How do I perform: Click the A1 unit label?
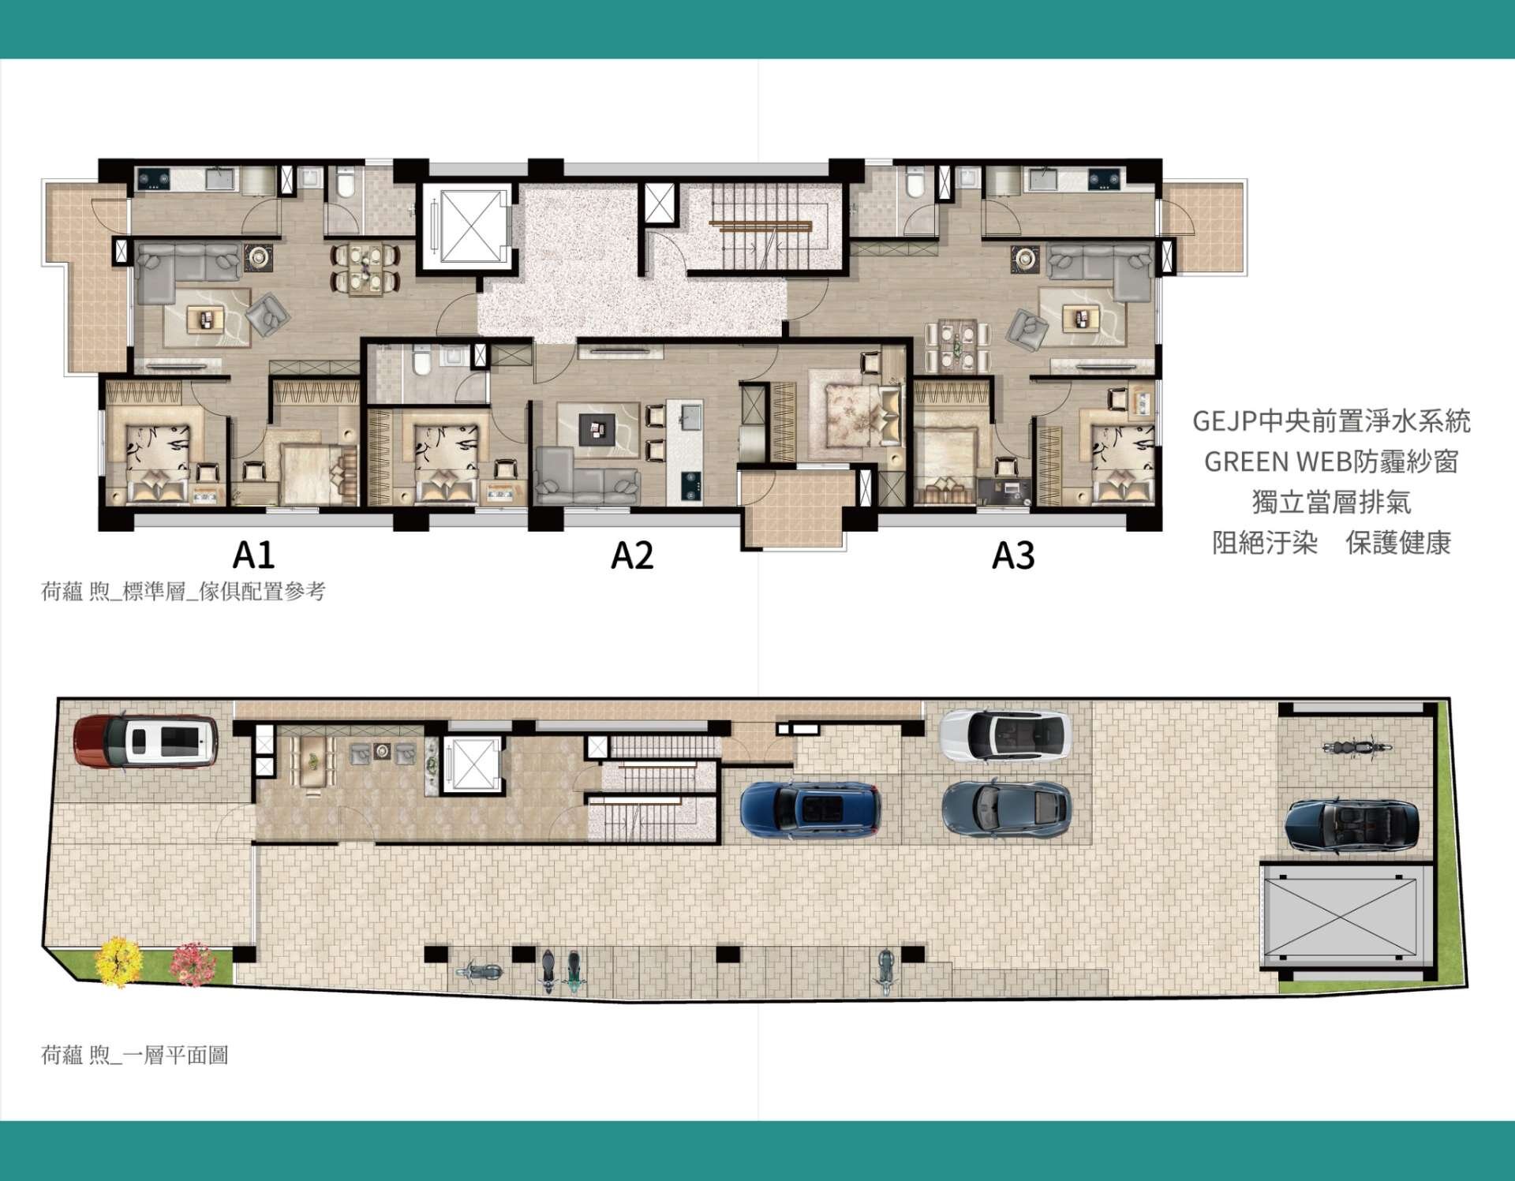pyautogui.click(x=253, y=555)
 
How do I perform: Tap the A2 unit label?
pyautogui.click(x=632, y=555)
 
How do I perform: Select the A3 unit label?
pyautogui.click(x=1013, y=555)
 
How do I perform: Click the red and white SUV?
pyautogui.click(x=146, y=741)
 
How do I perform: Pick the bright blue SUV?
pyautogui.click(x=810, y=809)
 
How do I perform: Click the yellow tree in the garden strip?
pyautogui.click(x=118, y=961)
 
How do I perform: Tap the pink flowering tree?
pyautogui.click(x=193, y=962)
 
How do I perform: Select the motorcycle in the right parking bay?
pyautogui.click(x=1356, y=747)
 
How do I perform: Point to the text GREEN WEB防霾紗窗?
pyautogui.click(x=1331, y=462)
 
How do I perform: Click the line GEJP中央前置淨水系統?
pyautogui.click(x=1331, y=421)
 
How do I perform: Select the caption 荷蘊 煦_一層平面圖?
pyautogui.click(x=134, y=1055)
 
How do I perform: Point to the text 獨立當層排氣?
pyautogui.click(x=1331, y=503)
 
